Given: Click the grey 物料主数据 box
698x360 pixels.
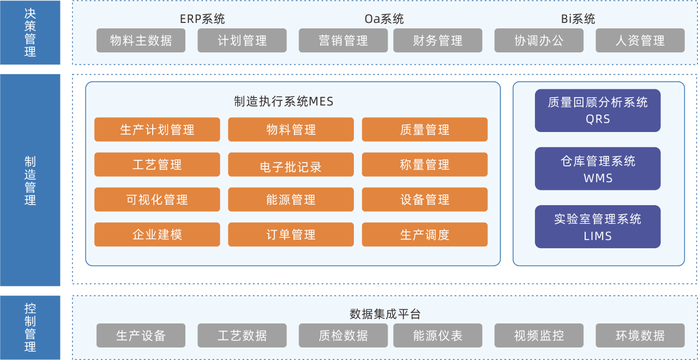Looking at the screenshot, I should pos(141,40).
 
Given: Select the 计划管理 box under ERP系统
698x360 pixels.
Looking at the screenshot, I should pos(242,40).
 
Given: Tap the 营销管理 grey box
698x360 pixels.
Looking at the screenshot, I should pos(343,40).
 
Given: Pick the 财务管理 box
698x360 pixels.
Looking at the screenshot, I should pos(437,40).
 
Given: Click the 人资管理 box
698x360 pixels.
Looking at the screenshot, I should pos(640,40).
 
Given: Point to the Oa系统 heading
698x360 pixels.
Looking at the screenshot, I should pos(384,19).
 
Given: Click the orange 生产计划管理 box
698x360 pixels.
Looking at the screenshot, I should pos(157,130).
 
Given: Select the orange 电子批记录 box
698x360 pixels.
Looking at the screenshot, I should pos(291,165).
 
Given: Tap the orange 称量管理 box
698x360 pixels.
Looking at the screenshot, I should pos(424,165).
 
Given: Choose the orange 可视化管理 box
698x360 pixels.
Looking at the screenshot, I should pos(157,200).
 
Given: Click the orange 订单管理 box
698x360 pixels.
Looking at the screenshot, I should pos(291,235).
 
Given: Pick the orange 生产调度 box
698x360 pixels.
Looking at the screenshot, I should pos(424,235).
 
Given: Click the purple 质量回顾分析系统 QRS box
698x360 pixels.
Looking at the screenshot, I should pos(598,110).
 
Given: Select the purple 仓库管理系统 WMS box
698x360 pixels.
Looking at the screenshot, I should pos(598,169).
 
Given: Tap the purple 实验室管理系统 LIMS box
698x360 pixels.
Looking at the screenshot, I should pos(598,227).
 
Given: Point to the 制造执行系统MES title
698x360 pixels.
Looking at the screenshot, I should pos(284,101).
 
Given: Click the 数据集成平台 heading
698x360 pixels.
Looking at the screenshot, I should pos(384,314).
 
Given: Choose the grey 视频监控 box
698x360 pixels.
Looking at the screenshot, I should pos(539,335).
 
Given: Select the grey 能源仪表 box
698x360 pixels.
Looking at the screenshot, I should pos(437,335).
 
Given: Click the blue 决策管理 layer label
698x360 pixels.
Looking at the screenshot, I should pos(30,33).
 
